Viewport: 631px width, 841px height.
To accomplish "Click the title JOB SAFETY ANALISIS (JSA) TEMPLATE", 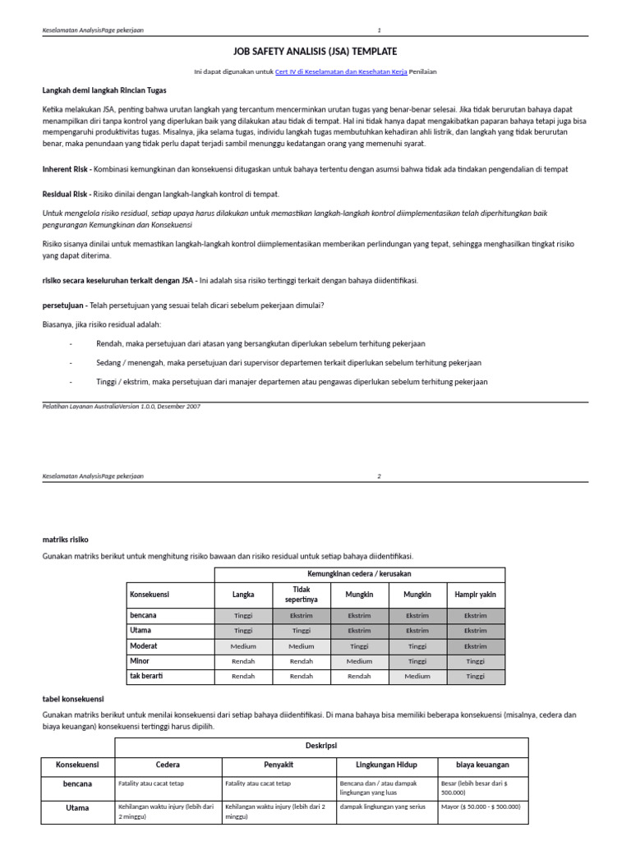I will [315, 51].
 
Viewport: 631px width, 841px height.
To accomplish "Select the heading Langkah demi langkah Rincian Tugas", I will [98, 90].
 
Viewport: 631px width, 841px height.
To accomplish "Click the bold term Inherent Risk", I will [66, 169].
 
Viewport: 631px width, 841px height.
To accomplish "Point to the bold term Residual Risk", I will [67, 194].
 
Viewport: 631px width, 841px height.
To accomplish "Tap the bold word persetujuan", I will [64, 306].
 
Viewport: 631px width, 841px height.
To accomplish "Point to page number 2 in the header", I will [379, 476].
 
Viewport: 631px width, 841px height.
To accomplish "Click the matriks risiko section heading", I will [59, 540].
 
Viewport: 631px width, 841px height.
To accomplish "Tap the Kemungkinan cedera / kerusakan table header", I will [359, 572].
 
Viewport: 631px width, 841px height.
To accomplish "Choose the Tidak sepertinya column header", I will [302, 594].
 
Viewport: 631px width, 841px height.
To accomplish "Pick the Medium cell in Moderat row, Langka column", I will [243, 646].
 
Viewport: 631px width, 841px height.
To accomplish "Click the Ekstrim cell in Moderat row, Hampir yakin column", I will [475, 646].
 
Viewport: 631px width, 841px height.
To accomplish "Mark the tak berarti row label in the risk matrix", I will [146, 676].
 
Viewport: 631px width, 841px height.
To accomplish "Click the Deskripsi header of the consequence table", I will [320, 746].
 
